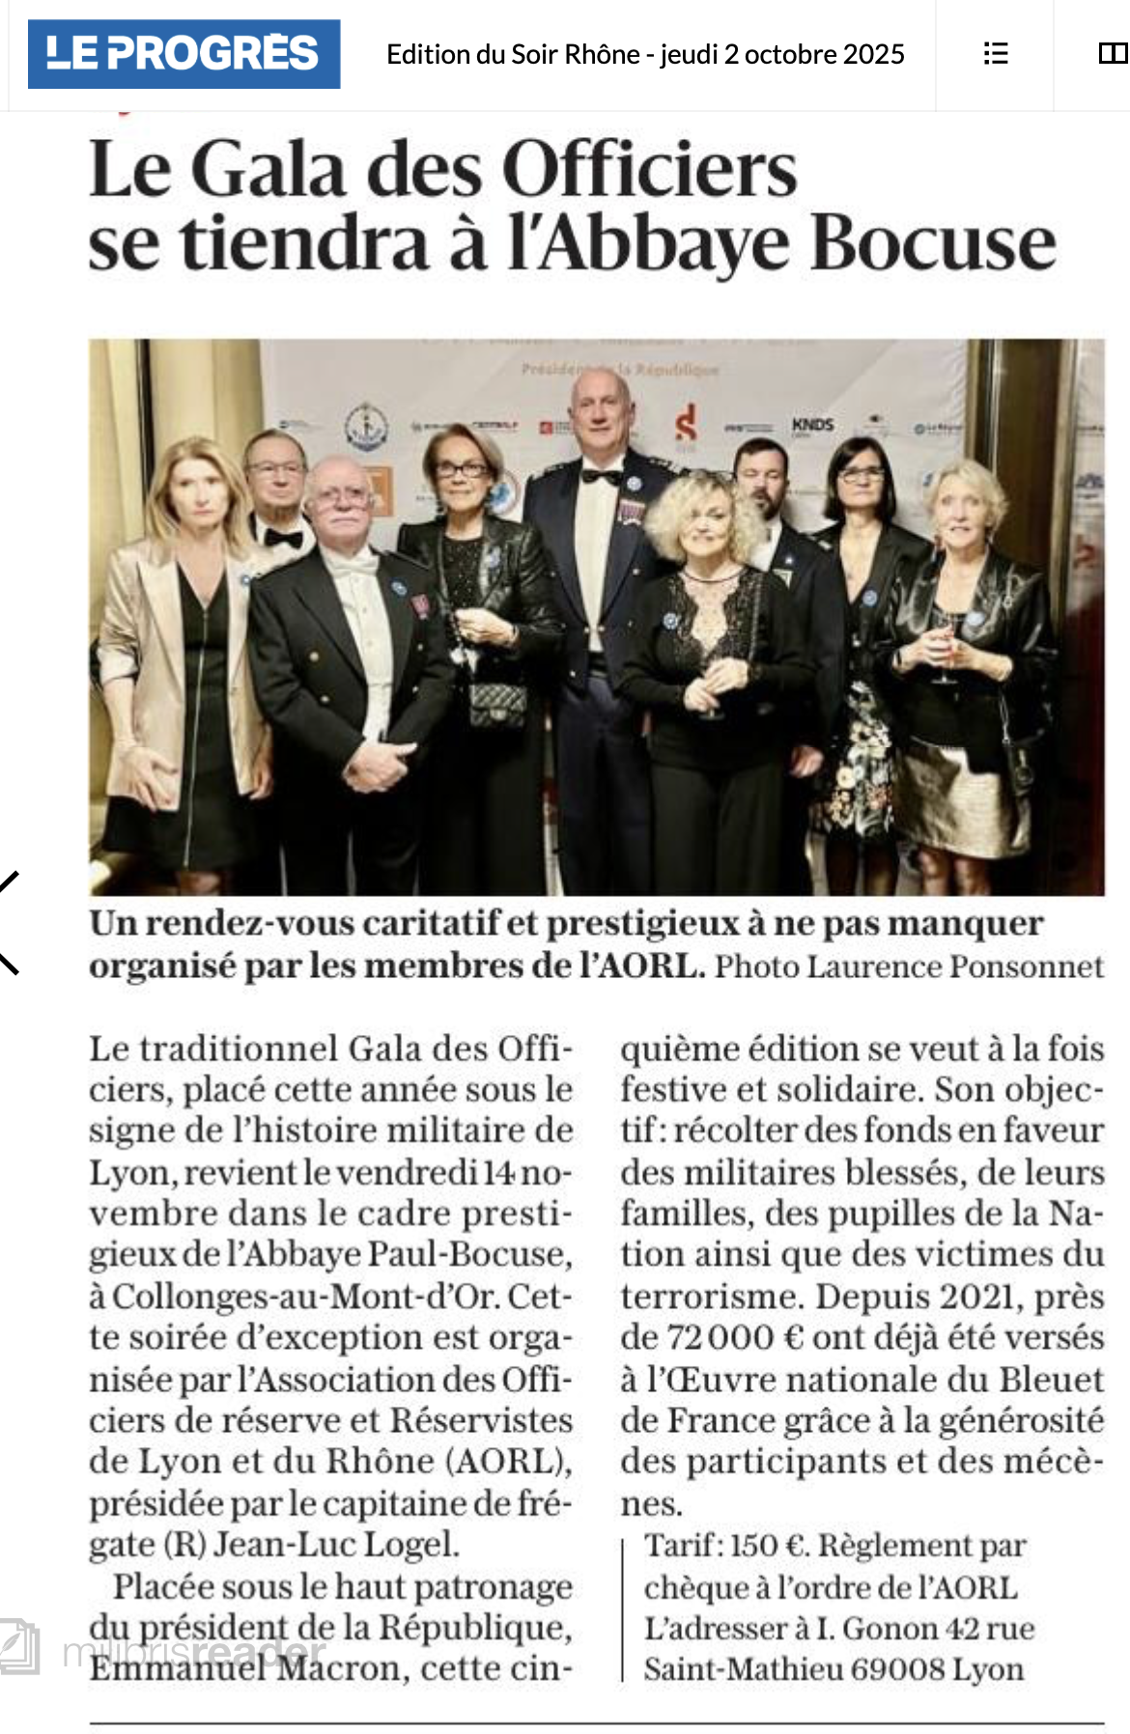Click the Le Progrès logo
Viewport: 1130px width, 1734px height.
[x=184, y=54]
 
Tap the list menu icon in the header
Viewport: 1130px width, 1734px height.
[x=995, y=54]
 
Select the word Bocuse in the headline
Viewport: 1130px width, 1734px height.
[x=933, y=243]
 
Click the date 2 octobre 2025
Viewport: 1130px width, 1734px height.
[x=813, y=54]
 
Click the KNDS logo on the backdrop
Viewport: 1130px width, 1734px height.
[x=812, y=425]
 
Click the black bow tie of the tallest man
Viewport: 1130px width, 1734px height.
[x=601, y=476]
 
